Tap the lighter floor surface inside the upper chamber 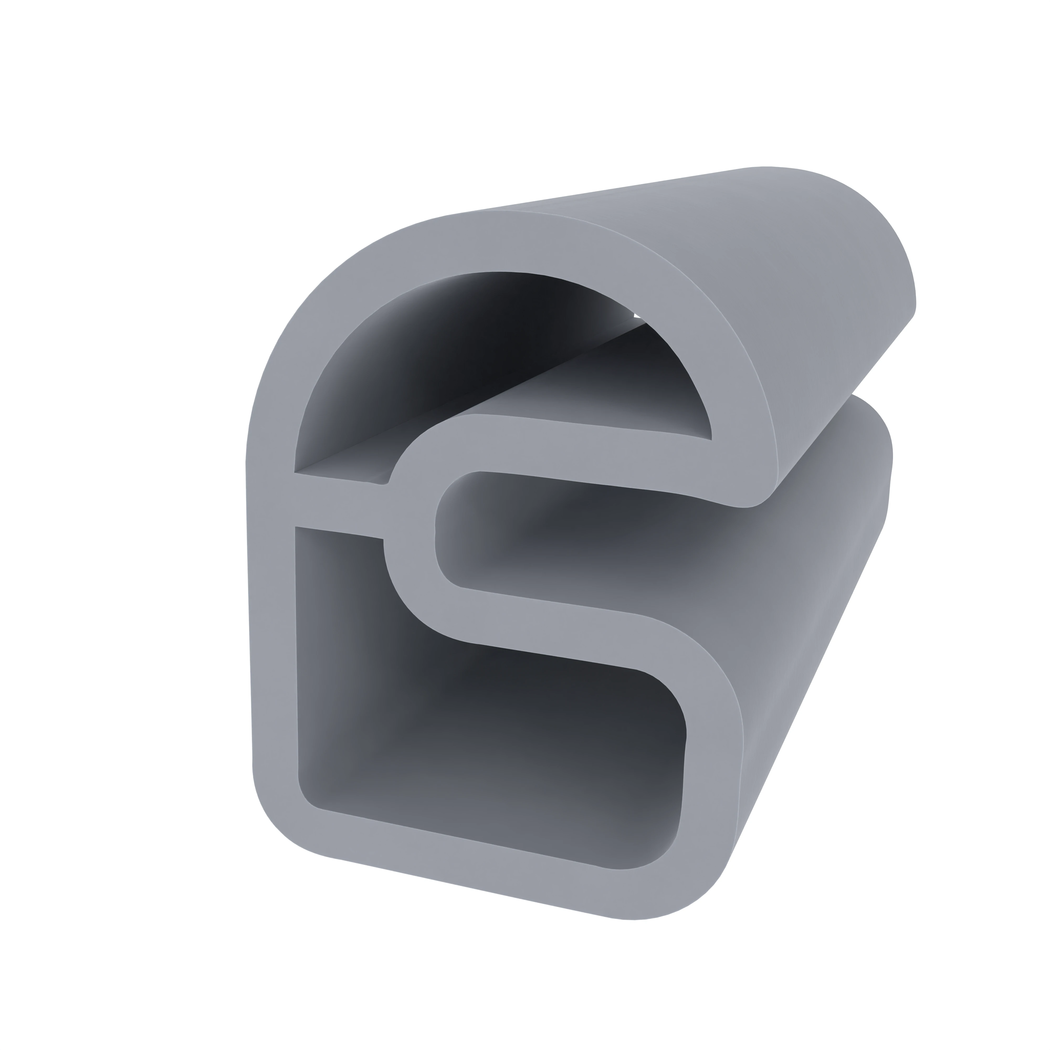(x=571, y=391)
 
